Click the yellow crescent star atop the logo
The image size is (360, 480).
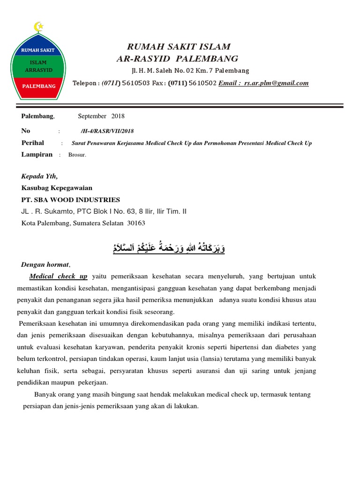coord(38,28)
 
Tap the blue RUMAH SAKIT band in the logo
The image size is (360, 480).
coord(38,50)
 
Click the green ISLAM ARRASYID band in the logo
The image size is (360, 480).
coord(38,66)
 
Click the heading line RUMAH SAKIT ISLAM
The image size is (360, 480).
coord(179,46)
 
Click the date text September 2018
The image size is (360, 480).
coord(101,116)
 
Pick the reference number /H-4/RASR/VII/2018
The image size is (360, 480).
coord(107,131)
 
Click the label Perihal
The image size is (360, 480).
coord(33,143)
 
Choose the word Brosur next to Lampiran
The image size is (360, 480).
coord(77,155)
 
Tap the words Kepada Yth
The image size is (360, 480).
coord(40,177)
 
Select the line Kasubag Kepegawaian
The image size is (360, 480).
coord(57,188)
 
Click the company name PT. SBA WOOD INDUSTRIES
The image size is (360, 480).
coord(71,200)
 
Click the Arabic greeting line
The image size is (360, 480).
coord(169,247)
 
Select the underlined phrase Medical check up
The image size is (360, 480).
coord(58,277)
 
